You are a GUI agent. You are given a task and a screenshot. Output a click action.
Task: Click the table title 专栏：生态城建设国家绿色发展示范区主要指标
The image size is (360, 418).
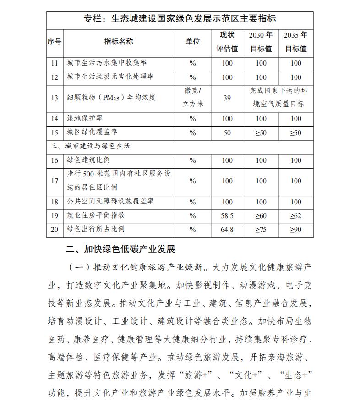[x=180, y=19]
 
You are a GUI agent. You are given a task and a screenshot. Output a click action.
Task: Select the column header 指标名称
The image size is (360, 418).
[x=119, y=41]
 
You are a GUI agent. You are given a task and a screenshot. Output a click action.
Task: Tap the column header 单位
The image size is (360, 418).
[x=193, y=41]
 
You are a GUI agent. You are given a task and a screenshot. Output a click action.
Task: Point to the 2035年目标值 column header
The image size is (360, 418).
[x=296, y=41]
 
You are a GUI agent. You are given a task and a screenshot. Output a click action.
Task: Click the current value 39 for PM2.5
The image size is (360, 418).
[x=227, y=98]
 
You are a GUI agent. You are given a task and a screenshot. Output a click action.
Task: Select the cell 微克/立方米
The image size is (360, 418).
[x=193, y=98]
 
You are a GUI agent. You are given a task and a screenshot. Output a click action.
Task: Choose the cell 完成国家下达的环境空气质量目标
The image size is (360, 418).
[x=278, y=98]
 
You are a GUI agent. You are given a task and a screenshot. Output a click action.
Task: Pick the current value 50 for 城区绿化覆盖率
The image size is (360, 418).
[x=227, y=133]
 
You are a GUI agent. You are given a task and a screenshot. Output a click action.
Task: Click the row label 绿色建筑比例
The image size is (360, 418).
[x=88, y=160]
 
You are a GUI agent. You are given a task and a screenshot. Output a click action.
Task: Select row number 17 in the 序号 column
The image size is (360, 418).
[x=55, y=181]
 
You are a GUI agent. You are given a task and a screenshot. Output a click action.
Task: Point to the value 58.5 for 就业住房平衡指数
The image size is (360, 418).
[x=227, y=215]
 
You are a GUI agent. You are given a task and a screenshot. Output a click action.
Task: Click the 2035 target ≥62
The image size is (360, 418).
[x=296, y=215]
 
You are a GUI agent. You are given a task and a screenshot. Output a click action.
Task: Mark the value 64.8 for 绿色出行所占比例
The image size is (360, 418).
[x=227, y=229]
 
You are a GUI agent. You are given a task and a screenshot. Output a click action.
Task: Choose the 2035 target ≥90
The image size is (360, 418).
[x=296, y=229]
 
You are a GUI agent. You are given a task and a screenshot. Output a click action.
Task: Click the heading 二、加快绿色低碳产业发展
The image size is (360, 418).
[x=120, y=249]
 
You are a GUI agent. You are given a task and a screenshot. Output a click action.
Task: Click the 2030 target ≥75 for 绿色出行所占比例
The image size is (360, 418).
[x=261, y=229]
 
